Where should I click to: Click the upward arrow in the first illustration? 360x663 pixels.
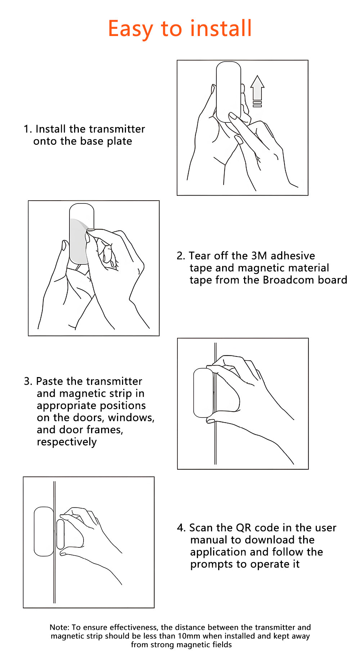pyautogui.click(x=257, y=91)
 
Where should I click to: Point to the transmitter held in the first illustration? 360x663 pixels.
pyautogui.click(x=229, y=92)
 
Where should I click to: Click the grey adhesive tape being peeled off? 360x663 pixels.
pyautogui.click(x=79, y=241)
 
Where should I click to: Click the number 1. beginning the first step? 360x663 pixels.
pyautogui.click(x=28, y=129)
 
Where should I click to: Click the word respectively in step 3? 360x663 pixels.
pyautogui.click(x=67, y=442)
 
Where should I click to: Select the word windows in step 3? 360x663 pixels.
pyautogui.click(x=131, y=418)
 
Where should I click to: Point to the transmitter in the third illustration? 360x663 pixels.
pyautogui.click(x=203, y=393)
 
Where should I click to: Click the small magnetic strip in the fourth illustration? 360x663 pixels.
pyautogui.click(x=60, y=537)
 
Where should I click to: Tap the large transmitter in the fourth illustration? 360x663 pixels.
pyautogui.click(x=44, y=531)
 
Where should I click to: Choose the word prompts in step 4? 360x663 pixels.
pyautogui.click(x=212, y=564)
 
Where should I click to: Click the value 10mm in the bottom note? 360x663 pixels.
pyautogui.click(x=189, y=636)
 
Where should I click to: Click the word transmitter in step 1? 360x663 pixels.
pyautogui.click(x=115, y=129)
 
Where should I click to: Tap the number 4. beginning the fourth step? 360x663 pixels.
pyautogui.click(x=181, y=528)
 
